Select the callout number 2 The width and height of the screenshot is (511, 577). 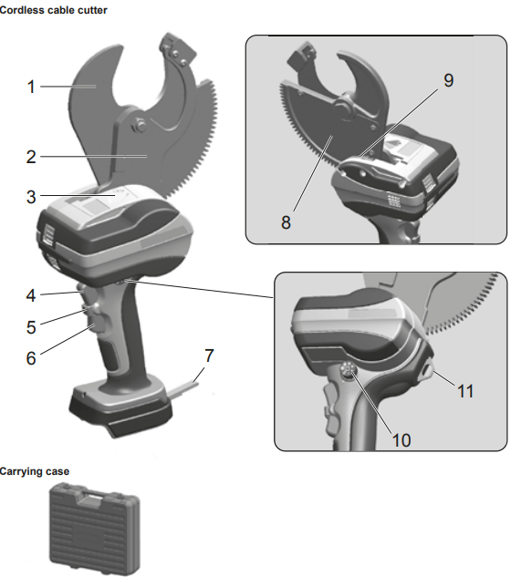pyautogui.click(x=30, y=156)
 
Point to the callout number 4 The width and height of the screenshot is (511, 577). pyautogui.click(x=30, y=295)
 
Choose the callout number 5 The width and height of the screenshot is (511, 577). pyautogui.click(x=30, y=325)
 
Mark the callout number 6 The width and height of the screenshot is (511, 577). pyautogui.click(x=30, y=358)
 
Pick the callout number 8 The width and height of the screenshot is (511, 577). pyautogui.click(x=286, y=222)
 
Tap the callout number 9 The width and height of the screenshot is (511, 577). pyautogui.click(x=448, y=80)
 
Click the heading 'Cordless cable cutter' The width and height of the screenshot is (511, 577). pyautogui.click(x=54, y=9)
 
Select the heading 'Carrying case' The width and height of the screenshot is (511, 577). pyautogui.click(x=36, y=471)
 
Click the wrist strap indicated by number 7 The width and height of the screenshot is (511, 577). pyautogui.click(x=187, y=383)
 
